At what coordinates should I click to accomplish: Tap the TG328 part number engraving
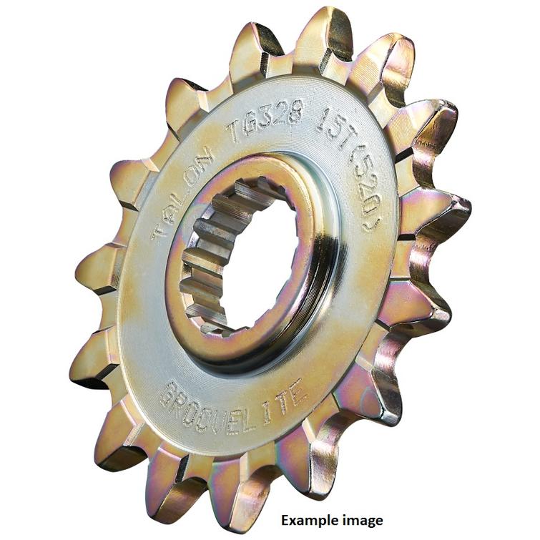click(x=265, y=121)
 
